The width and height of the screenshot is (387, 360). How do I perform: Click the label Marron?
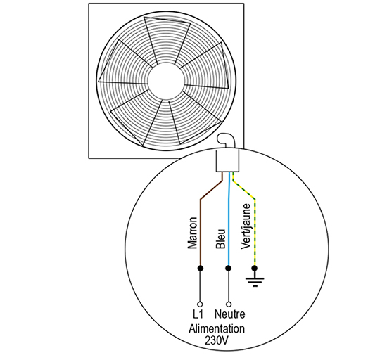click(192, 233)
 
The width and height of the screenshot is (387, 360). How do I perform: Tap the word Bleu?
click(220, 238)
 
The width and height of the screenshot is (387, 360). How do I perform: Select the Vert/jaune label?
click(246, 226)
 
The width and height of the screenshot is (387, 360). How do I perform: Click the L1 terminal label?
click(198, 314)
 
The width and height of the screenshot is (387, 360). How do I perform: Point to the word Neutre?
click(230, 314)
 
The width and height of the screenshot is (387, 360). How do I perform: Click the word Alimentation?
click(217, 329)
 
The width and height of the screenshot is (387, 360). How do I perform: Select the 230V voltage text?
click(217, 340)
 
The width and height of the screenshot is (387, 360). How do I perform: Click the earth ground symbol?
click(255, 281)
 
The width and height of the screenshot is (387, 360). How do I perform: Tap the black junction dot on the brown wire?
click(201, 268)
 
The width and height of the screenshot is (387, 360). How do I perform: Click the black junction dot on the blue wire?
click(229, 268)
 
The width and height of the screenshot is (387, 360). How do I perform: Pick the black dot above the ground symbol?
click(255, 268)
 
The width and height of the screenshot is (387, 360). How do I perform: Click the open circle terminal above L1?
click(200, 304)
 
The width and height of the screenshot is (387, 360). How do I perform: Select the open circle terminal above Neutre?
click(229, 304)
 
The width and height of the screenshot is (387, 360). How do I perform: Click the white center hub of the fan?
click(166, 81)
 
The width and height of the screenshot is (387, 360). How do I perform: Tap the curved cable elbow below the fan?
click(225, 141)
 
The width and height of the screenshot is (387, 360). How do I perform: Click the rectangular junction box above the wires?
click(227, 160)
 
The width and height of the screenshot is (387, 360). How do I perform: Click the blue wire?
click(229, 219)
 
